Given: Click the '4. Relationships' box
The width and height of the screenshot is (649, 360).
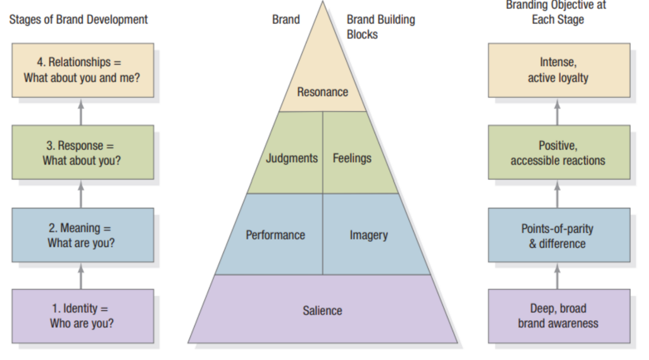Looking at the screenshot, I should (x=83, y=70).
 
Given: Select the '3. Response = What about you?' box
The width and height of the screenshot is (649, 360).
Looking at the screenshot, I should (x=83, y=153).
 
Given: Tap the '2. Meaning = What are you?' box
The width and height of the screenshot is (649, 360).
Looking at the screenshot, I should (x=83, y=235).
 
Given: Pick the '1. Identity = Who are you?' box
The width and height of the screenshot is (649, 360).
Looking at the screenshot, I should (x=83, y=316).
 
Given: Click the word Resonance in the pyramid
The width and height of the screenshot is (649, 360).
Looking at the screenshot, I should (x=323, y=92).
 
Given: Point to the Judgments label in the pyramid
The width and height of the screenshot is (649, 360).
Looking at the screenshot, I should (x=291, y=158).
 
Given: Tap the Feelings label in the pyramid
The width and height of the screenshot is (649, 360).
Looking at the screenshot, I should (x=352, y=158).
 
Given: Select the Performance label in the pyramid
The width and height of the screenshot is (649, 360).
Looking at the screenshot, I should (x=275, y=235).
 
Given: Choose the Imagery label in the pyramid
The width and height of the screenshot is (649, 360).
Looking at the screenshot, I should (x=368, y=235).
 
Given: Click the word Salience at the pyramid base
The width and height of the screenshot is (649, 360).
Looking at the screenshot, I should (x=323, y=310).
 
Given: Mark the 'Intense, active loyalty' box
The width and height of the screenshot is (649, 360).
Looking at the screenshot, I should (x=559, y=70).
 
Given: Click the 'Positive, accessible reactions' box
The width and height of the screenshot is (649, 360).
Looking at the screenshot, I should (x=559, y=153).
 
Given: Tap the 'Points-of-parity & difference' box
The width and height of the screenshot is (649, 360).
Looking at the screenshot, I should (x=559, y=235).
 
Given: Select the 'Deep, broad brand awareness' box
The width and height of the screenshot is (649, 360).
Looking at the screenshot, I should (x=559, y=316).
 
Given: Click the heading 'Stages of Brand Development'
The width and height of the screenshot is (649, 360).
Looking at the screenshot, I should (x=78, y=20).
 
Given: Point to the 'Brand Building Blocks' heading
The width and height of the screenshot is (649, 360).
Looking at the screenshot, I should (x=380, y=27).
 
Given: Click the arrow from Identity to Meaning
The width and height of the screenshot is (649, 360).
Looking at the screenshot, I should (x=81, y=276).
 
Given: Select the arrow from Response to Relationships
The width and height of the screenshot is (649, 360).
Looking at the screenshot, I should (x=81, y=111).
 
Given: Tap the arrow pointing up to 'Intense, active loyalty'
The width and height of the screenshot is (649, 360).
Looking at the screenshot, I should (x=558, y=111).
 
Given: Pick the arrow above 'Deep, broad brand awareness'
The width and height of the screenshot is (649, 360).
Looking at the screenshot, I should (x=558, y=276).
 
